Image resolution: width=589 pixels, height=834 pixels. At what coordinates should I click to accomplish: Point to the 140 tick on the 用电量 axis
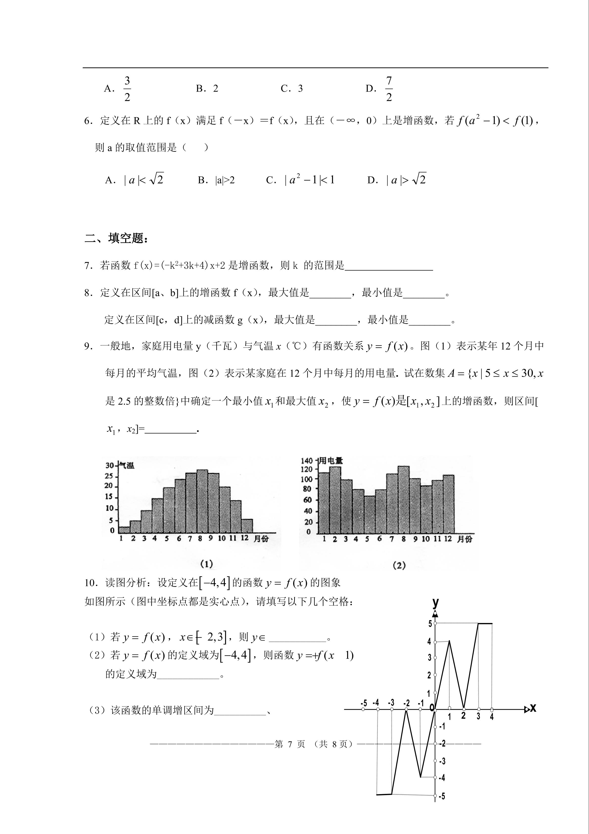click(x=307, y=461)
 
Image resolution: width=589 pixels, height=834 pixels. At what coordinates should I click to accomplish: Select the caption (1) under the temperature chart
click(x=207, y=564)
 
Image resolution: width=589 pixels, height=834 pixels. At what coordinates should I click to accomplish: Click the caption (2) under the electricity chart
click(x=399, y=565)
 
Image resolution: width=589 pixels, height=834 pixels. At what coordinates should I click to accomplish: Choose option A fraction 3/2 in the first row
click(x=127, y=89)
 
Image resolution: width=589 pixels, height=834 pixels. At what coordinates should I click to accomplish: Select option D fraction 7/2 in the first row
click(x=389, y=89)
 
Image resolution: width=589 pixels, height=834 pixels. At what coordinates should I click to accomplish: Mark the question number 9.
click(x=88, y=346)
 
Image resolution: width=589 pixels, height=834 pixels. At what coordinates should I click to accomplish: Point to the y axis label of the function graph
click(x=435, y=603)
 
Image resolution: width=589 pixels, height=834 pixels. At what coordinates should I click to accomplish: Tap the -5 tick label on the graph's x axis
click(x=364, y=703)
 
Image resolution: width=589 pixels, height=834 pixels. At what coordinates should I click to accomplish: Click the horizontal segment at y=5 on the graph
click(x=485, y=623)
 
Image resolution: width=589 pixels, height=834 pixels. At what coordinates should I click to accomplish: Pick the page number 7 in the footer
click(x=290, y=744)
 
